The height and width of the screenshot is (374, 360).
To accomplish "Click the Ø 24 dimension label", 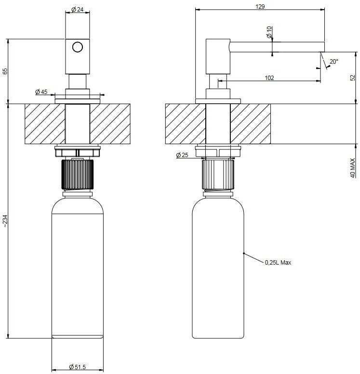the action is pyautogui.click(x=78, y=9).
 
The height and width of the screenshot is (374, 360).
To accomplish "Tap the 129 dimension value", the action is pyautogui.click(x=260, y=6).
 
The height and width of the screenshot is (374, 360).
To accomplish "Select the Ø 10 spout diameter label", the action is pyautogui.click(x=269, y=32).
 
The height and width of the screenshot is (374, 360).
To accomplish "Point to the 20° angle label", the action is pyautogui.click(x=334, y=62).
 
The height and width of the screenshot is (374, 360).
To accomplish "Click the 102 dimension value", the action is pyautogui.click(x=269, y=78).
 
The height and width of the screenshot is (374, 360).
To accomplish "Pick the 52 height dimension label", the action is pyautogui.click(x=353, y=78).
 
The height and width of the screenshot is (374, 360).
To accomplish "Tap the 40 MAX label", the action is pyautogui.click(x=353, y=168).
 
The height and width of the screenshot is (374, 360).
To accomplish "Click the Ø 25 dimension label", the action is pyautogui.click(x=182, y=155).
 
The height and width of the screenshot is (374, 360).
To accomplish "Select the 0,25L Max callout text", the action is pyautogui.click(x=278, y=263).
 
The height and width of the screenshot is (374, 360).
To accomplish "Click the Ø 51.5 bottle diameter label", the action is pyautogui.click(x=77, y=367).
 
